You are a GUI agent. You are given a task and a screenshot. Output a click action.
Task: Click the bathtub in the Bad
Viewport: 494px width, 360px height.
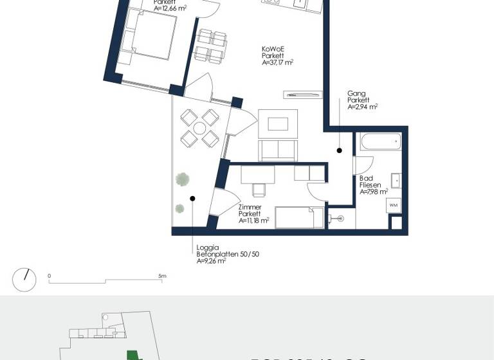[380, 141]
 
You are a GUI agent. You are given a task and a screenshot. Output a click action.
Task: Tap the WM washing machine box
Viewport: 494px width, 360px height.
[394, 206]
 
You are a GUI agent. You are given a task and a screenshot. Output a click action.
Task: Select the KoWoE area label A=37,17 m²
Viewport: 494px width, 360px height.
[278, 63]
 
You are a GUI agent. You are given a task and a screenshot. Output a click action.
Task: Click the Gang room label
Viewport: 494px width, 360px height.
[354, 93]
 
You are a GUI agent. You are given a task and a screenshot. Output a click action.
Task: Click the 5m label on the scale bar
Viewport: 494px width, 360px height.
[163, 276]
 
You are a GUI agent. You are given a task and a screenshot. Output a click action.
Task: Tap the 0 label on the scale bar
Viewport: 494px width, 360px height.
[50, 276]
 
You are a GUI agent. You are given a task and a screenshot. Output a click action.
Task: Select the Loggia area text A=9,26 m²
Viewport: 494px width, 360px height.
[211, 261]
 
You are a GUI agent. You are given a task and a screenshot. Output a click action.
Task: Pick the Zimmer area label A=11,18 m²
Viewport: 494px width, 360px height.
[253, 221]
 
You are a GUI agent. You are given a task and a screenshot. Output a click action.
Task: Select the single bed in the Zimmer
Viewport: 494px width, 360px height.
[299, 217]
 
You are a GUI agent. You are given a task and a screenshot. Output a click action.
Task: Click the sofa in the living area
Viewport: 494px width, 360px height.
[278, 150]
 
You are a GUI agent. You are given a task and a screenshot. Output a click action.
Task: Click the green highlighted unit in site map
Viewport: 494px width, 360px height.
[133, 354]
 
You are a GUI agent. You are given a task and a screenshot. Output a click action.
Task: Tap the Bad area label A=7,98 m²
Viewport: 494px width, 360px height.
[374, 192]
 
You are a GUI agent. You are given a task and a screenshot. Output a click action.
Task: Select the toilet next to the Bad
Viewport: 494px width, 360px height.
[338, 219]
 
